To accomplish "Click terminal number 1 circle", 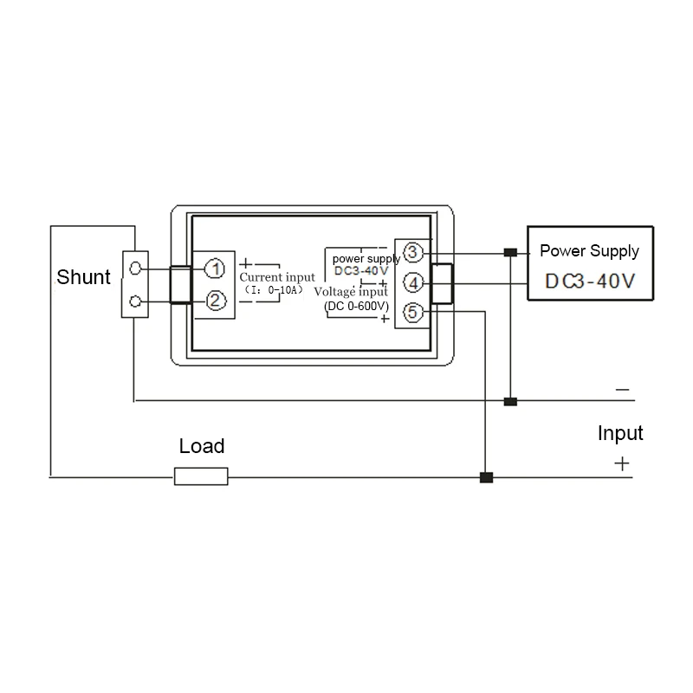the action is coord(215,269).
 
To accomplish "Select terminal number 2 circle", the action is coord(215,301).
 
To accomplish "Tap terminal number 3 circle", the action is coord(413,252).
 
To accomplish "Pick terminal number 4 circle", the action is coord(413,283).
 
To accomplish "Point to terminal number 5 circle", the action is coord(413,313).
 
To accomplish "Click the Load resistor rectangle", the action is coord(201,476).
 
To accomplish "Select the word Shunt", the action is coord(83,277).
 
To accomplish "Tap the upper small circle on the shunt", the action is coord(135,268).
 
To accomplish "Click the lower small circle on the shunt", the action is coord(135,301).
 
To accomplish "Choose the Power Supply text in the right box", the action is coord(590,251).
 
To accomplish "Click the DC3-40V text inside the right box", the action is coord(590,281).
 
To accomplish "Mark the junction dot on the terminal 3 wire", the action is coord(510,252).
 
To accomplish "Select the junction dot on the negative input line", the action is coord(510,401).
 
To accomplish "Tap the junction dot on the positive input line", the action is coord(486,477).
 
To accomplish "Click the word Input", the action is coord(620,433).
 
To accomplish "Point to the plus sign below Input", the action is coord(622,463).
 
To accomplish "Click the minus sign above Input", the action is coord(622,389).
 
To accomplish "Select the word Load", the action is coord(202,446).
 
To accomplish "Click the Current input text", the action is coord(277,277).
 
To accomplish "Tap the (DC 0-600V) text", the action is coord(356,306).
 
